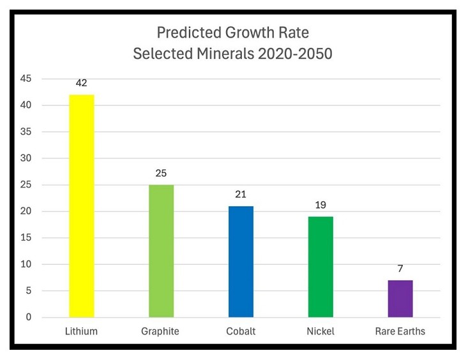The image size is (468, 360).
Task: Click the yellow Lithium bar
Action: (81, 206)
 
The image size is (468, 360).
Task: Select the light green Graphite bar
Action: (161, 251)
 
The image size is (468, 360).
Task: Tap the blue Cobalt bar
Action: (241, 262)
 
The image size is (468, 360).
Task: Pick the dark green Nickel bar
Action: (321, 267)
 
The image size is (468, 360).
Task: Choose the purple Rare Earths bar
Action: (400, 299)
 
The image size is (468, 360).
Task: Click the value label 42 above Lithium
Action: (81, 83)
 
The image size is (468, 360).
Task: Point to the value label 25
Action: (161, 173)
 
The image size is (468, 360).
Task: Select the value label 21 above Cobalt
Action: (241, 195)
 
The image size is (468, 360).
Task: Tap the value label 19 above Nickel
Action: (321, 205)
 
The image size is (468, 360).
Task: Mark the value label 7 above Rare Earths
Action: (400, 269)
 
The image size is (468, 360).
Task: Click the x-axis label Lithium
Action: (81, 331)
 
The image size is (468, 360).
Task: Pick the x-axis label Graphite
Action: (161, 331)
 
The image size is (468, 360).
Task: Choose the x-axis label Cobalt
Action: (241, 331)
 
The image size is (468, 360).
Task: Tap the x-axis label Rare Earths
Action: (400, 331)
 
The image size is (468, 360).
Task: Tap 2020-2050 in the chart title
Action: (294, 54)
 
